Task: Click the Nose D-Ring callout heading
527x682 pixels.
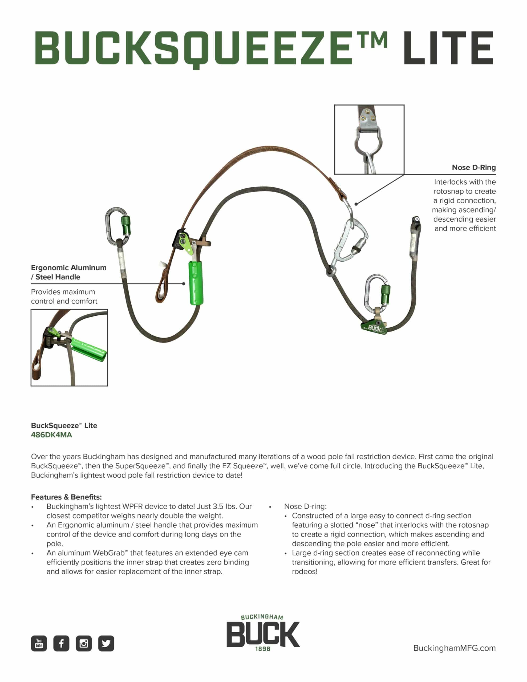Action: (x=474, y=167)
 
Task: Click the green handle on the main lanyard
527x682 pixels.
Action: (x=196, y=283)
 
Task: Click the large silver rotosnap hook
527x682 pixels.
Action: (x=349, y=241)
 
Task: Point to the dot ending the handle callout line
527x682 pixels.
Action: (x=184, y=283)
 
